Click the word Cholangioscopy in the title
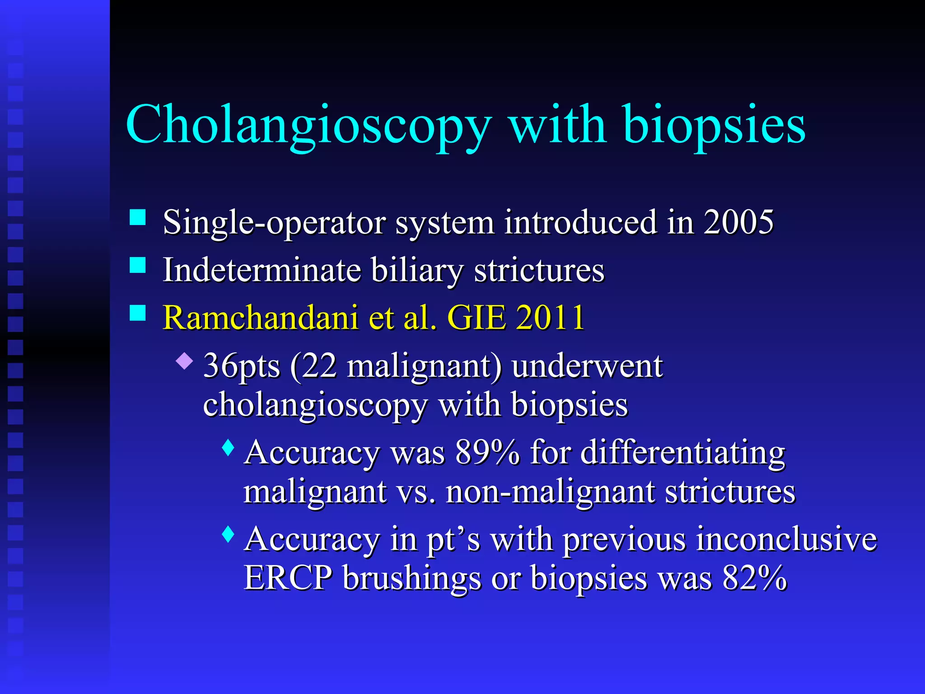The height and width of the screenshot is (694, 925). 308,125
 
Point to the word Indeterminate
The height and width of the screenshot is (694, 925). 262,270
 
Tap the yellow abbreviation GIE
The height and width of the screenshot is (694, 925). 476,318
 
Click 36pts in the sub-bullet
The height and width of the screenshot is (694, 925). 242,366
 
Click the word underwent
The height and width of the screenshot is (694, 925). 587,366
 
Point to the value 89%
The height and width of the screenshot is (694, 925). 487,452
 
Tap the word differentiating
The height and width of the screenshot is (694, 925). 682,452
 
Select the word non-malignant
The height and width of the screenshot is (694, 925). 550,491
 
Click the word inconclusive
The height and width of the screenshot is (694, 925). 786,539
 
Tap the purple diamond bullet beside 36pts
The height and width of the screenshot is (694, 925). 184,361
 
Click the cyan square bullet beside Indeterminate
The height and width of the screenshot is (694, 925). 138,265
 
